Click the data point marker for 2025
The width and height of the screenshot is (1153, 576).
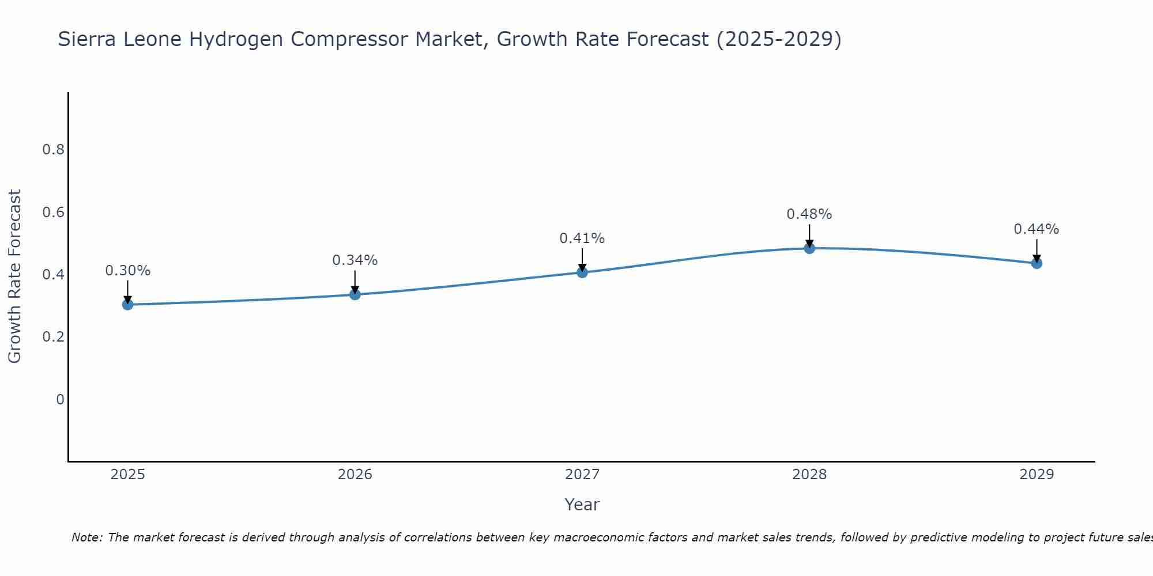[128, 304]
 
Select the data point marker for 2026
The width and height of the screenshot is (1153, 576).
[355, 294]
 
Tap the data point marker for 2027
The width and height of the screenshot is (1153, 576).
[582, 272]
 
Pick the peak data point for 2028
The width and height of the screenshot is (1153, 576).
[809, 248]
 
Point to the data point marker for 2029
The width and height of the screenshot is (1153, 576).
[1037, 263]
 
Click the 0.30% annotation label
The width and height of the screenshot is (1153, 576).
[128, 271]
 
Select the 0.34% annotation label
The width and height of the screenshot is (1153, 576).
[355, 260]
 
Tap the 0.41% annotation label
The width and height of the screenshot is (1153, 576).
[582, 238]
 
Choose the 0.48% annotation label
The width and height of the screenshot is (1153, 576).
[809, 214]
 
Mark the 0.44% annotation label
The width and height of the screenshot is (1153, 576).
[1037, 229]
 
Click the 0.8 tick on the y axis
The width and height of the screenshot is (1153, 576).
[53, 150]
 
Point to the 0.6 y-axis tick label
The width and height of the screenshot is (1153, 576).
[53, 213]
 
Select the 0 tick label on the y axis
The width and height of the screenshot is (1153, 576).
[60, 399]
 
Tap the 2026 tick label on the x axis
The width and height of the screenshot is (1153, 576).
[355, 475]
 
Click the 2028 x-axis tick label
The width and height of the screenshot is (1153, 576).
[809, 475]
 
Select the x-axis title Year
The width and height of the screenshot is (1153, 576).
[582, 505]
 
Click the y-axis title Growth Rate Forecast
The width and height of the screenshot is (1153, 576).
[14, 276]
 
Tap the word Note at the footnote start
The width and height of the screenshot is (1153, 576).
[86, 537]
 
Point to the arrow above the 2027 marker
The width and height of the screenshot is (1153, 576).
[582, 259]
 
